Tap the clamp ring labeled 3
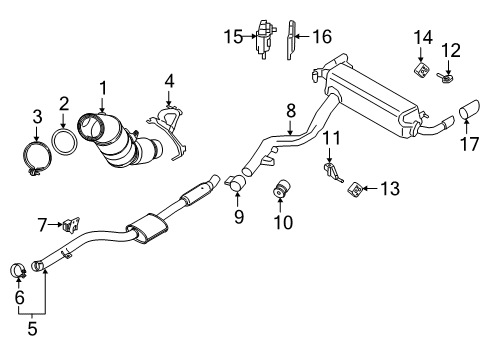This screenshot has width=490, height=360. (x=37, y=158)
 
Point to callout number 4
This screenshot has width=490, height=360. (x=169, y=79)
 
